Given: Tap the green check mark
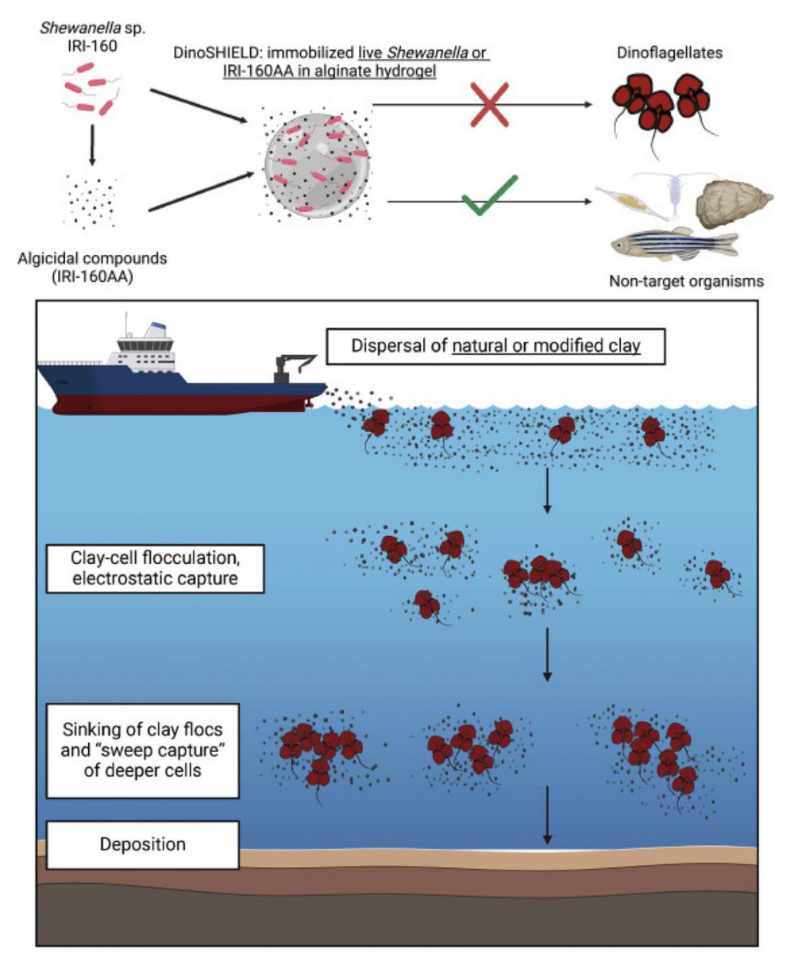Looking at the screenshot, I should [489, 195].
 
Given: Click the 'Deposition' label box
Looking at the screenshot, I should [143, 843].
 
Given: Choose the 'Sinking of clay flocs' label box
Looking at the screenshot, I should [143, 749].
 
